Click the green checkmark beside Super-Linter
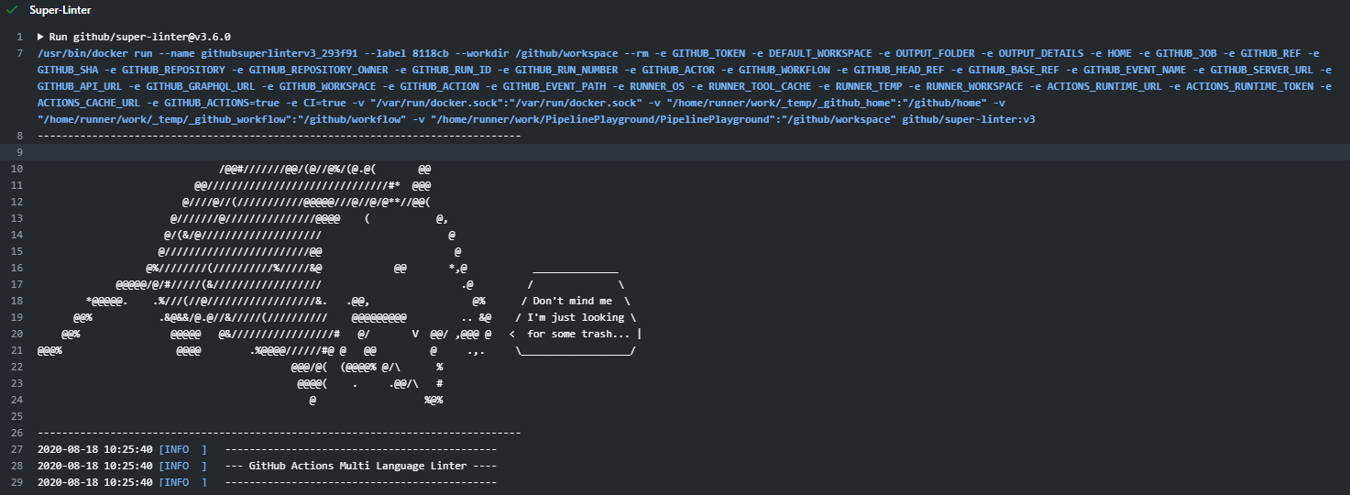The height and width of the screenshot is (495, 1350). pyautogui.click(x=11, y=10)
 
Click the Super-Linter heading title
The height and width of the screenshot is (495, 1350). pyautogui.click(x=60, y=10)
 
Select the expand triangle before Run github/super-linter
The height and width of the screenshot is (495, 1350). pyautogui.click(x=40, y=37)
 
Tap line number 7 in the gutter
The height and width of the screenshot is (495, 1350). pyautogui.click(x=20, y=53)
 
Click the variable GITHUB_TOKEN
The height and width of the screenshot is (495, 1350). pyautogui.click(x=708, y=53)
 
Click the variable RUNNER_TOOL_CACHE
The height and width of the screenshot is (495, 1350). pyautogui.click(x=760, y=86)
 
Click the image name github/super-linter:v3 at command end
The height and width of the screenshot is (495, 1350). pyautogui.click(x=969, y=119)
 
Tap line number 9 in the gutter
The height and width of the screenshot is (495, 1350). pyautogui.click(x=20, y=152)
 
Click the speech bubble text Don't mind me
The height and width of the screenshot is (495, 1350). pyautogui.click(x=572, y=301)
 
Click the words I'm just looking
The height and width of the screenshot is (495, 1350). pyautogui.click(x=576, y=317)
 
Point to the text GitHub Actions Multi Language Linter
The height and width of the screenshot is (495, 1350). pyautogui.click(x=357, y=466)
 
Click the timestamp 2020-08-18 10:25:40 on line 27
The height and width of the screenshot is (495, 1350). pyautogui.click(x=94, y=449)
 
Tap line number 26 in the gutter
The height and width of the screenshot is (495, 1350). pyautogui.click(x=16, y=433)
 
